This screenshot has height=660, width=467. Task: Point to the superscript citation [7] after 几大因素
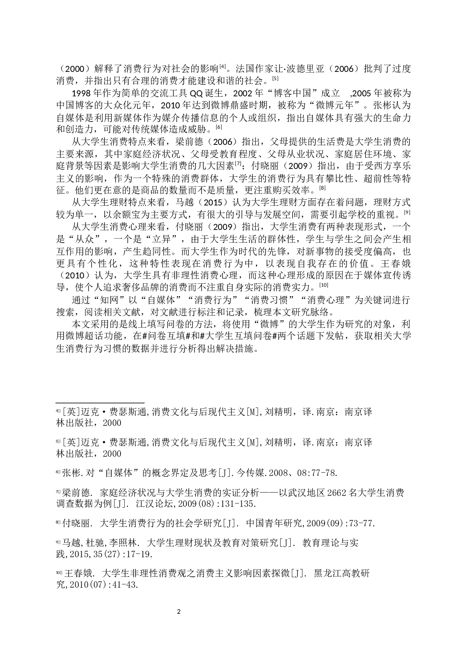(238, 163)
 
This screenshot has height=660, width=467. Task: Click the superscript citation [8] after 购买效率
(322, 188)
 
